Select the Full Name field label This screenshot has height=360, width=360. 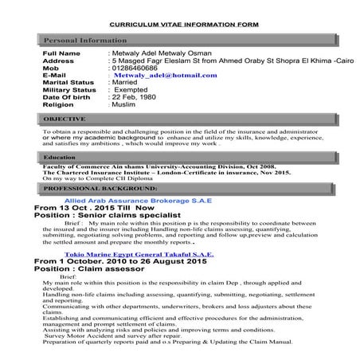[x=61, y=53]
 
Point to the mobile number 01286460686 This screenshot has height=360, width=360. [x=138, y=68]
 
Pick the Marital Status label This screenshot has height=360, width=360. [x=68, y=82]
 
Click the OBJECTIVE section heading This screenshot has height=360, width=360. [x=65, y=119]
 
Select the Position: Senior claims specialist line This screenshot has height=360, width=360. [x=111, y=217]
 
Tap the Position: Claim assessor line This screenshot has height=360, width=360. [x=94, y=269]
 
